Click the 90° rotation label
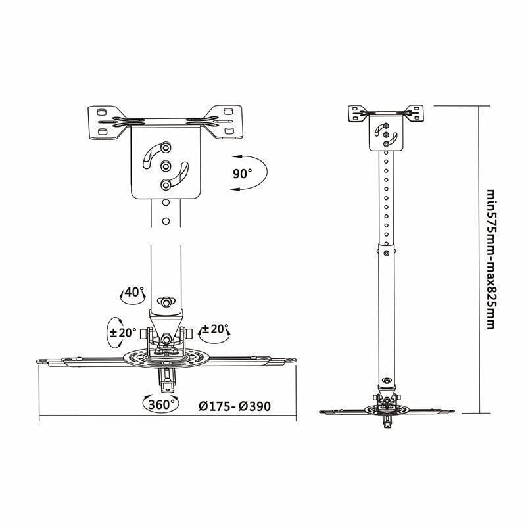(242, 174)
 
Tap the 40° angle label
(134, 292)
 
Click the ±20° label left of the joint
(123, 333)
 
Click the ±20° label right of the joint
(215, 329)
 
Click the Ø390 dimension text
(255, 406)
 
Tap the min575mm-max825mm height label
(490, 260)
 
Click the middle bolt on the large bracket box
(166, 166)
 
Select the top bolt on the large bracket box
(166, 147)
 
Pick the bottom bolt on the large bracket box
(166, 185)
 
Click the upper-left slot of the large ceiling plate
(101, 111)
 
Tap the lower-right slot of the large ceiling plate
(229, 131)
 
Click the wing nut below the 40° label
(166, 302)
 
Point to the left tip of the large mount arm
(37, 361)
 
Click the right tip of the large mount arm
(295, 360)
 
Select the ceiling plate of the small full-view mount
(386, 113)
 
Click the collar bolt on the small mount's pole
(387, 253)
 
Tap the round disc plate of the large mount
(165, 358)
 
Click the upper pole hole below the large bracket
(166, 203)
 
